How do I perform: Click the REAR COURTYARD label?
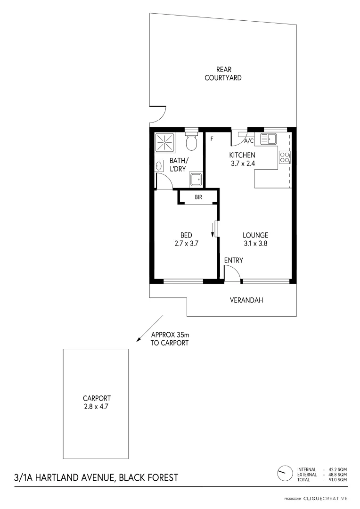tap(223, 74)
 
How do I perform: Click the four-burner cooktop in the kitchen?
tap(284, 156)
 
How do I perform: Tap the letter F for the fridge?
tap(212, 139)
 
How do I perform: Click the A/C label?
tap(249, 140)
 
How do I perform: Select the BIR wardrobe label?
tap(198, 197)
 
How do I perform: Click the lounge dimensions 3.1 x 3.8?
tap(255, 244)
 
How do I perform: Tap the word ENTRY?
tap(234, 260)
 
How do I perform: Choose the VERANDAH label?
tap(246, 300)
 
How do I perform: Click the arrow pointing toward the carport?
tap(150, 328)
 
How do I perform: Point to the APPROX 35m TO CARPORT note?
tap(170, 339)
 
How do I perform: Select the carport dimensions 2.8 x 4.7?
tap(96, 405)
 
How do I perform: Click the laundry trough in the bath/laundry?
tap(196, 179)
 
